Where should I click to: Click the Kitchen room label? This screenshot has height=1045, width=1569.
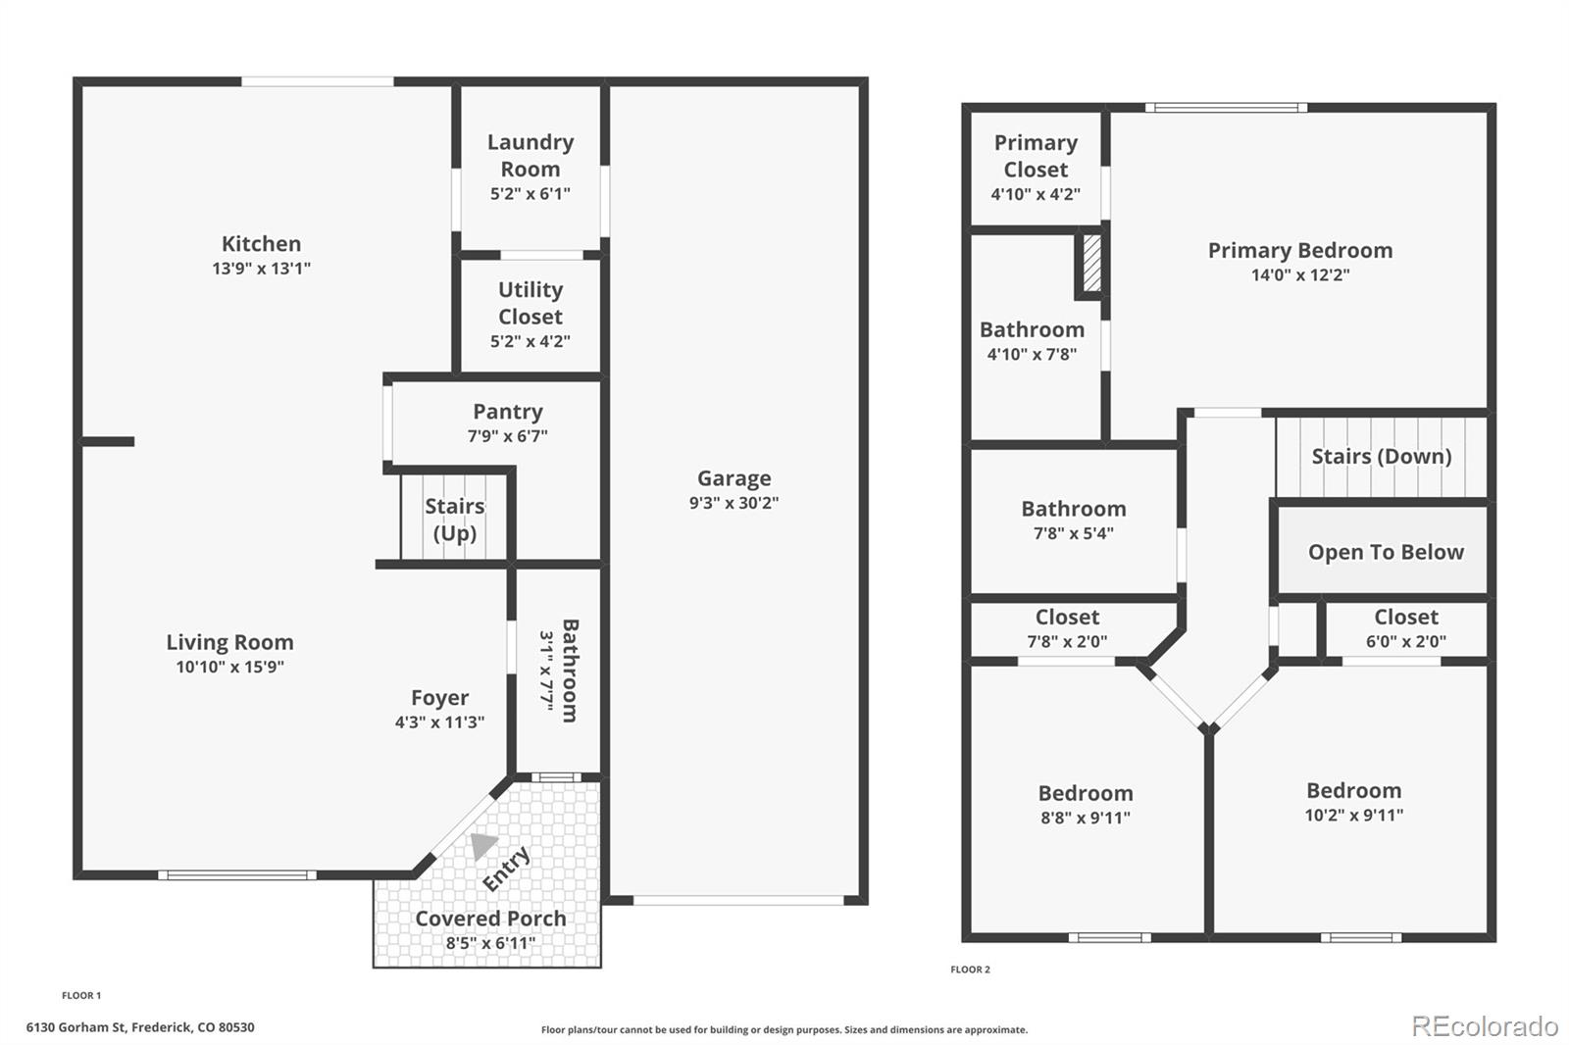[261, 244]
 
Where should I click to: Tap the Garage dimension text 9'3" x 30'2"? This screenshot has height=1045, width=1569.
[734, 502]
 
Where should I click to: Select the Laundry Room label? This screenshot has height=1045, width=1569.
[531, 156]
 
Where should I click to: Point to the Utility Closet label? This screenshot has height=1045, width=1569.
[531, 303]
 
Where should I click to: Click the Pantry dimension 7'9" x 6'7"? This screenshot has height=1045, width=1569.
[507, 435]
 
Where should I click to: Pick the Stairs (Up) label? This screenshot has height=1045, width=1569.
[455, 519]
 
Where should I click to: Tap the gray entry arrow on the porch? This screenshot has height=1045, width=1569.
[482, 845]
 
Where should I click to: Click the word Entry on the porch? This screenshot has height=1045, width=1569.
[506, 869]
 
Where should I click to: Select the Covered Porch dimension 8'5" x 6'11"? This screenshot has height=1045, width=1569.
[490, 943]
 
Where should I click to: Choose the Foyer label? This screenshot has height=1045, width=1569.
[439, 698]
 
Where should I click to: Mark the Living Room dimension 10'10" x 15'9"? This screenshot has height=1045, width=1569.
[229, 666]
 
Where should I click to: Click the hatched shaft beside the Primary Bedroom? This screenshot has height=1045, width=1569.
[1091, 263]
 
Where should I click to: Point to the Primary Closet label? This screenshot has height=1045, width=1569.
[1036, 156]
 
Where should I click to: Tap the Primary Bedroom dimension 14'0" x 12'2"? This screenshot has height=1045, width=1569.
[1300, 274]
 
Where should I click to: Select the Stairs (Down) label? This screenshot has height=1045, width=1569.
[1382, 457]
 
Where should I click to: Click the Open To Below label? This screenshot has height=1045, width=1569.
[1386, 552]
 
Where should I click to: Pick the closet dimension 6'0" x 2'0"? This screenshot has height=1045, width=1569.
[1406, 641]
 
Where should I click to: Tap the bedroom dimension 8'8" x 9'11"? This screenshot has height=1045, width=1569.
[1085, 818]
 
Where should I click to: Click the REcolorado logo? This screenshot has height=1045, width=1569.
[1485, 1026]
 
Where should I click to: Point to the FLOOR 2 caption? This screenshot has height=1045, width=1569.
[970, 970]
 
